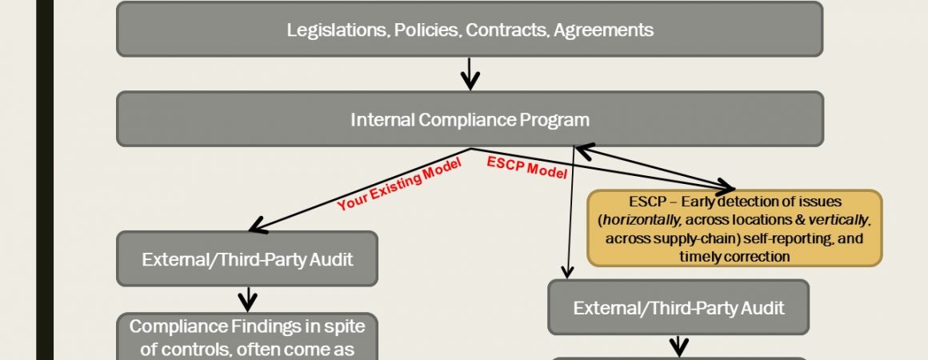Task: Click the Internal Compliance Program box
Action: (470, 119)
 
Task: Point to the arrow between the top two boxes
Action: (470, 74)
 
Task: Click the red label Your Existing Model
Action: (399, 184)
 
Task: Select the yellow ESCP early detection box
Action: (734, 228)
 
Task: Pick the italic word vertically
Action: (838, 220)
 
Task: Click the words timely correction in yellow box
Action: (734, 256)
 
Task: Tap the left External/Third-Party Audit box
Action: (246, 258)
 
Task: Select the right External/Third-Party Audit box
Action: (678, 307)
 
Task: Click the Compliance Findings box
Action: (246, 336)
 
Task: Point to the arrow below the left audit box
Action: (247, 300)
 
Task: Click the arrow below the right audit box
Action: (679, 346)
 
